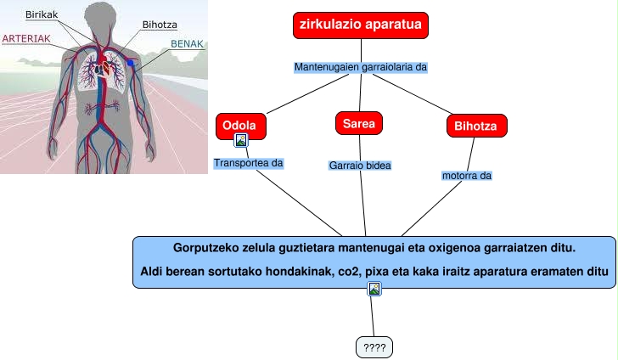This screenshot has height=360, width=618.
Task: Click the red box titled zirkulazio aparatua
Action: point(361,25)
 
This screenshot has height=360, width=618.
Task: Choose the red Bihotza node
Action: point(476,127)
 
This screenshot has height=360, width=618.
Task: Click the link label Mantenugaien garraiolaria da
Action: point(359,66)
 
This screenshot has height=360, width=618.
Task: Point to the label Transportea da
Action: point(247,162)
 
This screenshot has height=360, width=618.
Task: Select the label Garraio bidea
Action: point(359,166)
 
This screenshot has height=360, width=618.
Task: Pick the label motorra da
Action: point(467,176)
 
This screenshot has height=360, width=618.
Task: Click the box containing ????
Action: point(374,347)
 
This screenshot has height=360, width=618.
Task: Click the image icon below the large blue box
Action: point(374,290)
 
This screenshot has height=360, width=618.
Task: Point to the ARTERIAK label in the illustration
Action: point(26,38)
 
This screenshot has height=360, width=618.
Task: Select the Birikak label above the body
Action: point(42,15)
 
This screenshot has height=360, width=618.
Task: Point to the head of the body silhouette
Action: point(101,19)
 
